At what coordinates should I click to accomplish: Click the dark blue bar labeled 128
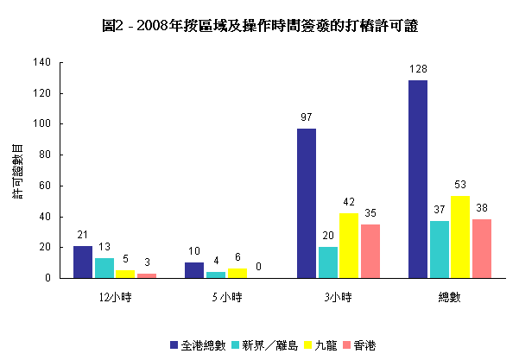(x=418, y=180)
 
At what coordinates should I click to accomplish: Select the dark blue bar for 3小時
(x=307, y=204)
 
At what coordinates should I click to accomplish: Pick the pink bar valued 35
(x=370, y=251)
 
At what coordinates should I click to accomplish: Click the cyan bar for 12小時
(x=104, y=268)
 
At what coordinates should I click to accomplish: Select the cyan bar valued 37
(x=439, y=249)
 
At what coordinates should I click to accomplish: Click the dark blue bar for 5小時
(x=194, y=270)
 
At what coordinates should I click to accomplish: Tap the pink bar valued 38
(x=481, y=249)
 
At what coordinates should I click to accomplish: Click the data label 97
(x=307, y=117)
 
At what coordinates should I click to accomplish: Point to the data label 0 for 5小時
(x=257, y=267)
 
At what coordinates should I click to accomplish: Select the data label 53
(x=459, y=185)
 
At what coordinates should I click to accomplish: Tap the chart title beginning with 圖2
(x=259, y=27)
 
